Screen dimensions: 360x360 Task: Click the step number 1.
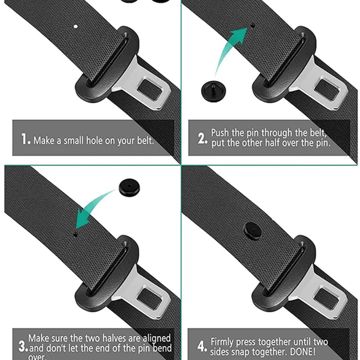pyautogui.click(x=26, y=139)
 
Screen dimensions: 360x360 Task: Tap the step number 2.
pyautogui.click(x=202, y=138)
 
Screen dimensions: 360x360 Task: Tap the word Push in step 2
pyautogui.click(x=221, y=133)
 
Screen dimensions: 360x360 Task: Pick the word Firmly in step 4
pyautogui.click(x=224, y=342)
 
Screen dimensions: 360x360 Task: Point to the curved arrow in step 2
pyautogui.click(x=229, y=49)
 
